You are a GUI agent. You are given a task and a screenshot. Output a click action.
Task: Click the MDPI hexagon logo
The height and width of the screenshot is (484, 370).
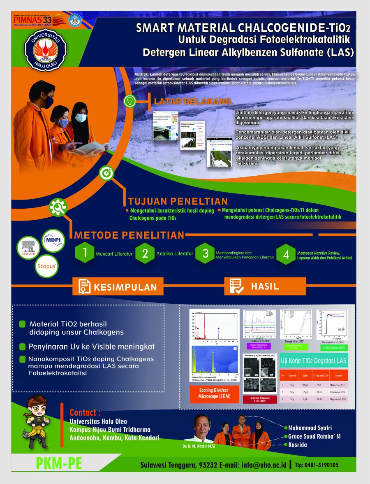(53, 241)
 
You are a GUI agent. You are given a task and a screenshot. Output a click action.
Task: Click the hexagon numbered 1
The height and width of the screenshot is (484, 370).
(85, 253)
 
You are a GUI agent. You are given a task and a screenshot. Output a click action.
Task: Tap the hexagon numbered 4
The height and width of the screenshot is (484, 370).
(285, 254)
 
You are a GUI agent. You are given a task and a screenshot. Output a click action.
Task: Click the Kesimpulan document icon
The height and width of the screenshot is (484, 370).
(85, 286)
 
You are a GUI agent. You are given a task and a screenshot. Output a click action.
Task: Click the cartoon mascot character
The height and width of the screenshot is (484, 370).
(36, 422)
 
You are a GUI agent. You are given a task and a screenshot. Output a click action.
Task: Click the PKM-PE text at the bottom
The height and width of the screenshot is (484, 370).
(59, 464)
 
